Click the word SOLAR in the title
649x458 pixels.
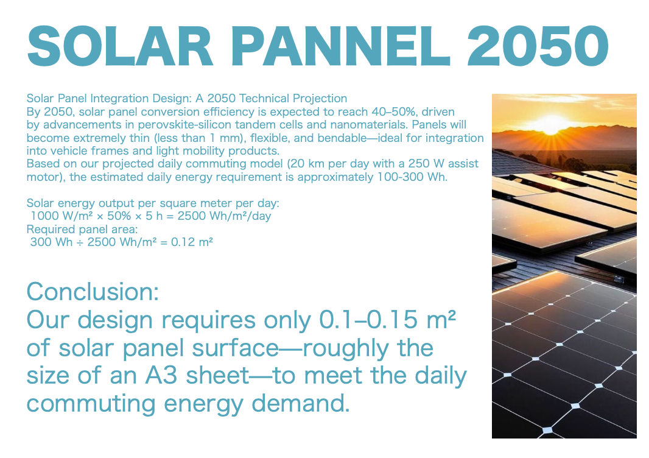[120, 46]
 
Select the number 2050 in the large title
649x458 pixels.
[538, 46]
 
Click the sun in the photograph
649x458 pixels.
[552, 124]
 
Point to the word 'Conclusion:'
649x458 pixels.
[93, 292]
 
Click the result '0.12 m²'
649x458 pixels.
[192, 242]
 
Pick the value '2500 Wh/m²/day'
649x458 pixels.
[224, 216]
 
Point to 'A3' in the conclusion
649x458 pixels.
[161, 375]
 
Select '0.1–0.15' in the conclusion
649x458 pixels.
[368, 320]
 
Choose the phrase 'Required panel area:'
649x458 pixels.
[82, 229]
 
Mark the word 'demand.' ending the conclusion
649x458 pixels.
[301, 403]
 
